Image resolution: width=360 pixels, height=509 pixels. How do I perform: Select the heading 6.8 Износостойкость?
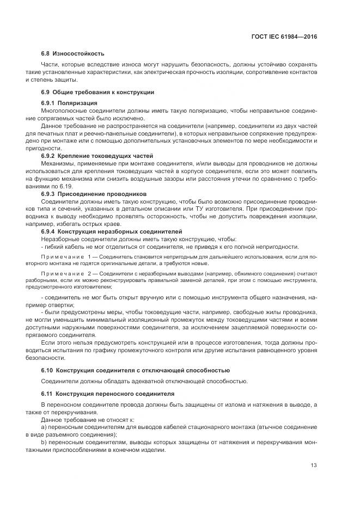pos(73,54)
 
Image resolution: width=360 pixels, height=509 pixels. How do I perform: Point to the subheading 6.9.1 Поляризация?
pos(69,103)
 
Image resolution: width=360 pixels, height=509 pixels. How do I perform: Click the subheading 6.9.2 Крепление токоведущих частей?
pos(93,156)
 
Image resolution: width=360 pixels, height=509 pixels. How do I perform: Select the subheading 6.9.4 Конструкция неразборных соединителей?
pos(103,231)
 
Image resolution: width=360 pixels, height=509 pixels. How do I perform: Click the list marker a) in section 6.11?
pos(44,428)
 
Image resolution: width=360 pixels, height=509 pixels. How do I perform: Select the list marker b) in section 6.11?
pos(44,443)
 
